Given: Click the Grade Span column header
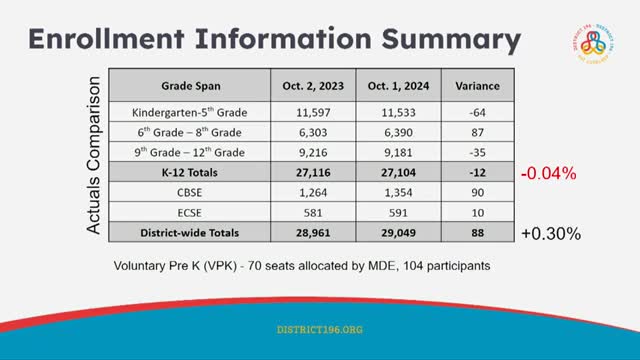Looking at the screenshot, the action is [x=189, y=85].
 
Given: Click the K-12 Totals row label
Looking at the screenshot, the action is [x=189, y=172].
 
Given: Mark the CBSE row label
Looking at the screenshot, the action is [x=189, y=192].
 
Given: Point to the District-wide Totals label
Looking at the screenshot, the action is [x=189, y=232].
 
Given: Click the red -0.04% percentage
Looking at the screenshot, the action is [x=548, y=173].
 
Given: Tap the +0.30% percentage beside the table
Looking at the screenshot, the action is [x=549, y=233].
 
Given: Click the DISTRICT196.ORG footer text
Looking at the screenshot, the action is [x=319, y=328].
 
